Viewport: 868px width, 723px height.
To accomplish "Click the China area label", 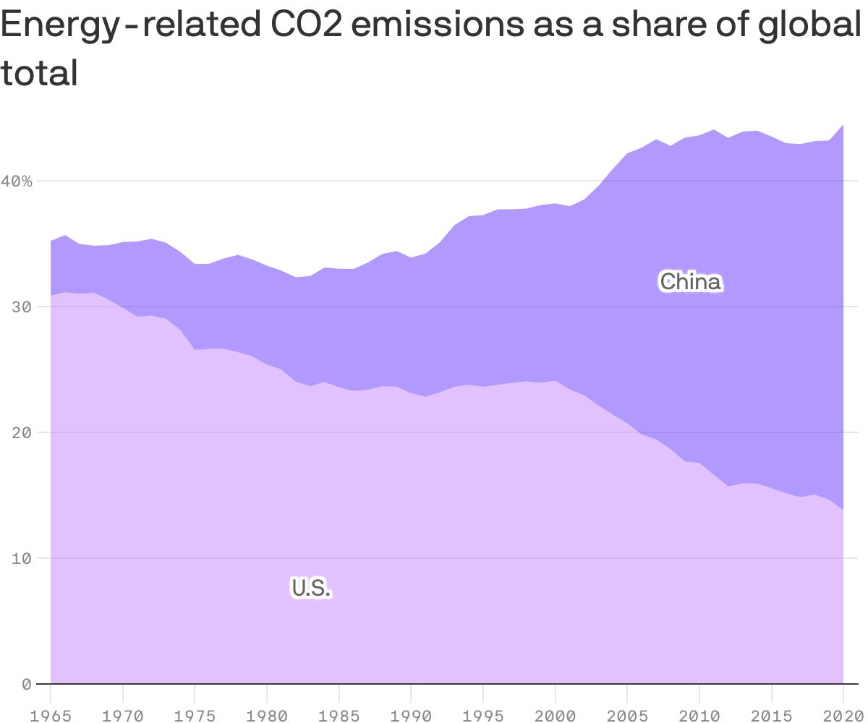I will (690, 281).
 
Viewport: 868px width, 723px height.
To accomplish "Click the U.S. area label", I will (311, 588).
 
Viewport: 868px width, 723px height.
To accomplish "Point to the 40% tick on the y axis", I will (17, 181).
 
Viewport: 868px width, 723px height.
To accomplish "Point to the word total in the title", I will (39, 72).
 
